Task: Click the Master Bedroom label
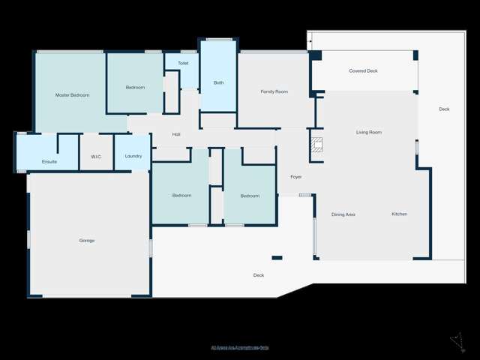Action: click(x=73, y=95)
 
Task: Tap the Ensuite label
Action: click(x=49, y=161)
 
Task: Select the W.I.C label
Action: click(x=96, y=157)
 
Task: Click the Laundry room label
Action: click(x=133, y=157)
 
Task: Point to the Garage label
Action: click(x=87, y=241)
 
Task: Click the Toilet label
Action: click(x=183, y=64)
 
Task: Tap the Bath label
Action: click(x=219, y=82)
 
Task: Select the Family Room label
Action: click(x=274, y=91)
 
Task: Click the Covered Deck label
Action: click(x=363, y=71)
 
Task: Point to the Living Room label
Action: click(x=368, y=133)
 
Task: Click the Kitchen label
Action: click(x=400, y=214)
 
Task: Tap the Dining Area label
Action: click(x=343, y=214)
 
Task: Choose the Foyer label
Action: click(x=295, y=177)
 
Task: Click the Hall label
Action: click(x=176, y=135)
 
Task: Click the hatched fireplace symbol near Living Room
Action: click(x=316, y=145)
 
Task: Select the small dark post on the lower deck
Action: click(x=277, y=258)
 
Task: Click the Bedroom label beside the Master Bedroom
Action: click(x=135, y=88)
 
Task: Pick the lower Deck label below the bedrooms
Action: click(x=259, y=275)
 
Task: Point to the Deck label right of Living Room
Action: click(x=444, y=109)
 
